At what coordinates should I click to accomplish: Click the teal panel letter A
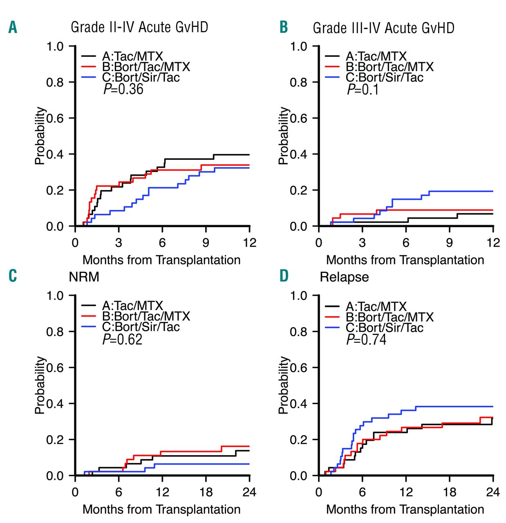click(13, 28)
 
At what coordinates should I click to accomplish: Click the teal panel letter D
click(284, 276)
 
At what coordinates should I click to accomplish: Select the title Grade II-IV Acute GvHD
click(139, 27)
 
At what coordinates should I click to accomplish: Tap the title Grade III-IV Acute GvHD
click(383, 28)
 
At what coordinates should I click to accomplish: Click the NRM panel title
click(84, 277)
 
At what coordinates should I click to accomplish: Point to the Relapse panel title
click(344, 277)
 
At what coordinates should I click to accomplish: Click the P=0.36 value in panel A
click(123, 89)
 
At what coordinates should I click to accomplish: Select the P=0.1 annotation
click(363, 89)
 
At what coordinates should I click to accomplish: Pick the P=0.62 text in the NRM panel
click(122, 339)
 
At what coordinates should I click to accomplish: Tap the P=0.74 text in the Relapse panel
click(366, 340)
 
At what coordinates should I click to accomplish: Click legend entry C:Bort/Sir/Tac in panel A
click(141, 78)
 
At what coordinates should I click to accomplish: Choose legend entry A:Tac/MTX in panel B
click(376, 56)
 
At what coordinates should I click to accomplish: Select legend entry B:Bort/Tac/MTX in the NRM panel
click(146, 316)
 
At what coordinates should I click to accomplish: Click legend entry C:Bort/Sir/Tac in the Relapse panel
click(384, 328)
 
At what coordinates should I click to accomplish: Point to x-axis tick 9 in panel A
click(206, 243)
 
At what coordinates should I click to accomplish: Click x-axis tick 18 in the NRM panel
click(206, 492)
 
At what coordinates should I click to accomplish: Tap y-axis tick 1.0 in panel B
click(298, 47)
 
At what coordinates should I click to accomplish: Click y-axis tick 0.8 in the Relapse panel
click(298, 332)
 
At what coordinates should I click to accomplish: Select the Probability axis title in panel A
click(40, 136)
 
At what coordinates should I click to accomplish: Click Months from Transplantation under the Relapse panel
click(405, 510)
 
